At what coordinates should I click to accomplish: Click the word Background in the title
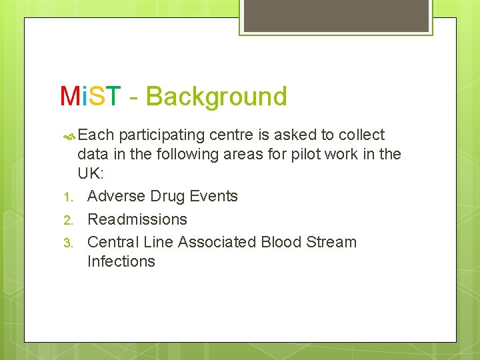tap(216, 97)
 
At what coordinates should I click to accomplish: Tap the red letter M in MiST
tap(70, 97)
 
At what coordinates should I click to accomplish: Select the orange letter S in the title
tap(97, 97)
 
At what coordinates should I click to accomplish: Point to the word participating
tap(162, 135)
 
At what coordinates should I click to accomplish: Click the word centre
tap(231, 135)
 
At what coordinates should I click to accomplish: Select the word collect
tap(361, 135)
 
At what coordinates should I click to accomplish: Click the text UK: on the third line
tap(91, 174)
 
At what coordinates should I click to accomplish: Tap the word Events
tap(213, 196)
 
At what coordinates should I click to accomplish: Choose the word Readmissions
tap(137, 219)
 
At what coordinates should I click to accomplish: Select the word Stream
tap(331, 241)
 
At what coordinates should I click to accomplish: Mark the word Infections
tap(121, 261)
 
